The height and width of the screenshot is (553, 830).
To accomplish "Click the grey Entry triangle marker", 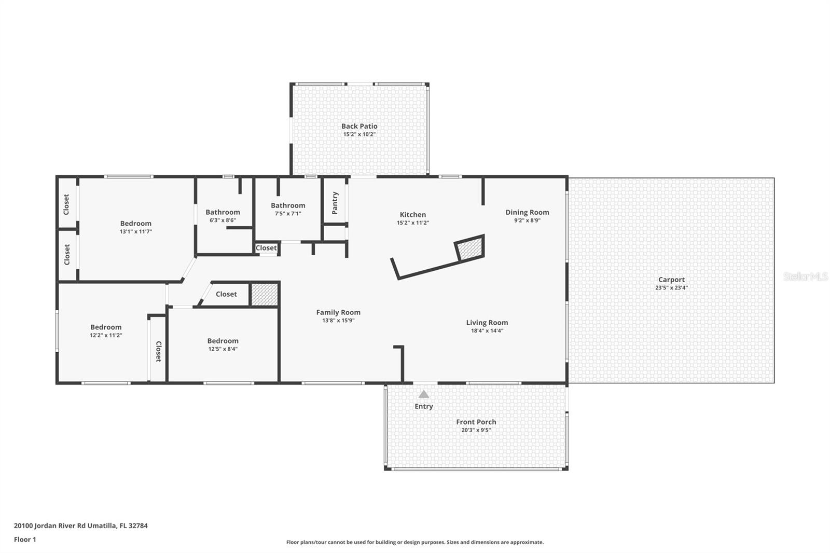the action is coord(423,394).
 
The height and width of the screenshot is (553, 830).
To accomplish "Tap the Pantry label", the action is coord(335,203).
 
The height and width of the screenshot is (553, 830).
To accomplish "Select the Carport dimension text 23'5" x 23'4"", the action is coord(671,287).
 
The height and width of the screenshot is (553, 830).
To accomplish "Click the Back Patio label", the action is coord(359,126).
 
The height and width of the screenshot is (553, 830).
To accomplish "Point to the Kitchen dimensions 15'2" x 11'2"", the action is coord(413,223).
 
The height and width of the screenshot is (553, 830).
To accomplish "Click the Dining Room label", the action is coord(527,212).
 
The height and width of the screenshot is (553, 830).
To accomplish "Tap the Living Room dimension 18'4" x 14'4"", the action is coord(487,330).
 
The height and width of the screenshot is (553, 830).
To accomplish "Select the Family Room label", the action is coord(338,312).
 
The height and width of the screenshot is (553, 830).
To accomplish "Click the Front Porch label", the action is coord(476,422).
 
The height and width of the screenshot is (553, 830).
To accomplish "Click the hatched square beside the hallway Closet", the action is coord(264,295).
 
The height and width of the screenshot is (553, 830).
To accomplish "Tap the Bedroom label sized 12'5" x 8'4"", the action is coord(223,341).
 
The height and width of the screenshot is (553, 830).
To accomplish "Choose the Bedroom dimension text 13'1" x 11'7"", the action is coord(135,232).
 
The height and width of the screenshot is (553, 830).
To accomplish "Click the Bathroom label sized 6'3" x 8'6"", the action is coord(223,212).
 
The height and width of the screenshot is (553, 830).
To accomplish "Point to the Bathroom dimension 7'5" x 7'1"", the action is coord(288,214).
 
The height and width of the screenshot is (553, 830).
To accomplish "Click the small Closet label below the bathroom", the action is coord(266,247).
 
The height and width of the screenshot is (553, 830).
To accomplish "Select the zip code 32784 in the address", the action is coord(138,526).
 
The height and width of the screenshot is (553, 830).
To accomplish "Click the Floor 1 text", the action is coord(25,540).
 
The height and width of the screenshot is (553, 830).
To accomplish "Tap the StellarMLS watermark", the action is coord(806,276).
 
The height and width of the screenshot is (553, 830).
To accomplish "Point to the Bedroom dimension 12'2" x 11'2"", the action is coord(106,336).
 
